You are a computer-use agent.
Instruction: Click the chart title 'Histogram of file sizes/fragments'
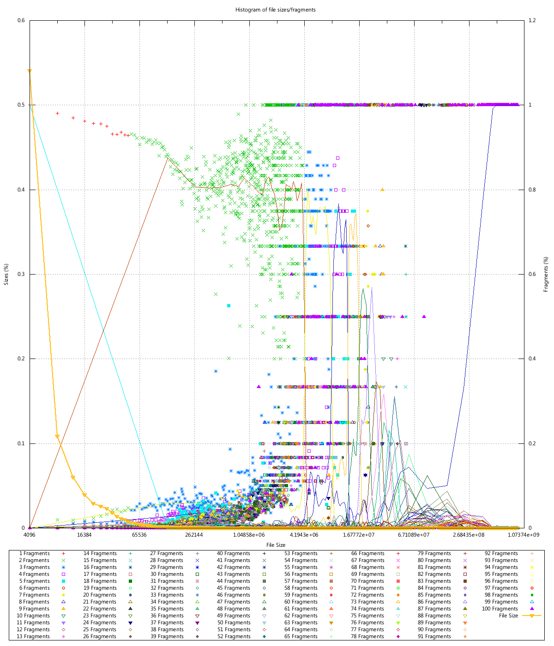click(275, 10)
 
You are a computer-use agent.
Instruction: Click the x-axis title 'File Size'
click(276, 545)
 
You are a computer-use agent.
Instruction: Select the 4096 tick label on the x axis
click(30, 535)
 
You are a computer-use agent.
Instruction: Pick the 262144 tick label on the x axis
click(194, 535)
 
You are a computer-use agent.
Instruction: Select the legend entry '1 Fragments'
click(35, 553)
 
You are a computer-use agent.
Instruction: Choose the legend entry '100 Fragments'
click(500, 609)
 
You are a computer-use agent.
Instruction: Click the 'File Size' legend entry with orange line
click(509, 616)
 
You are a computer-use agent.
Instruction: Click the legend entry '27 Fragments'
click(167, 553)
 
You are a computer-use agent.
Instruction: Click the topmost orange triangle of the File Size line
click(30, 71)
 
